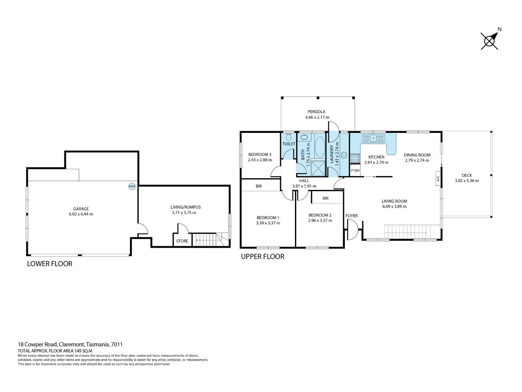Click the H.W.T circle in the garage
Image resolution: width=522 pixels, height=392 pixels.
pos(132,186)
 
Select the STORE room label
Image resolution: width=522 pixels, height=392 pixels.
pos(182,241)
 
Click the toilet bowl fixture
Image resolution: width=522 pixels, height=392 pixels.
pos(289,137)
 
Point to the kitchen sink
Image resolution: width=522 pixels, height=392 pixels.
pos(373,138)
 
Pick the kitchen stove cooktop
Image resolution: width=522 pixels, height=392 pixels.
pos(355,158)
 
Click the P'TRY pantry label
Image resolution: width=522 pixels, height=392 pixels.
pos(355,171)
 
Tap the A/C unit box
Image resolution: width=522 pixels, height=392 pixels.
pos(438,178)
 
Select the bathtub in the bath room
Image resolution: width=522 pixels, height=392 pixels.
pos(320,147)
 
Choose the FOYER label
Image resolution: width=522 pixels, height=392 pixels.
pos(351,216)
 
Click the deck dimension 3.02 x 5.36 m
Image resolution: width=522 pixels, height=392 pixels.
pos(467,181)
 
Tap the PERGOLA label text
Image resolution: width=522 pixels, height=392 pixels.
pos(316,112)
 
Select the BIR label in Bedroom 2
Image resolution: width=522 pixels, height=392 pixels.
pos(325,198)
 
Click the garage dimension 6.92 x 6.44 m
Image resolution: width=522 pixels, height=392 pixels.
pos(81,214)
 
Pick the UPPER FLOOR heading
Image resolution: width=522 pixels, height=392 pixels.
pos(263,257)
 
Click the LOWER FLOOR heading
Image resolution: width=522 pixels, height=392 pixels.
pos(50,264)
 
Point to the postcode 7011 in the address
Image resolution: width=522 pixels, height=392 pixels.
pos(117,345)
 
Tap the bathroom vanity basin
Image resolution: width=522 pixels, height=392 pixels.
pos(304,137)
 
